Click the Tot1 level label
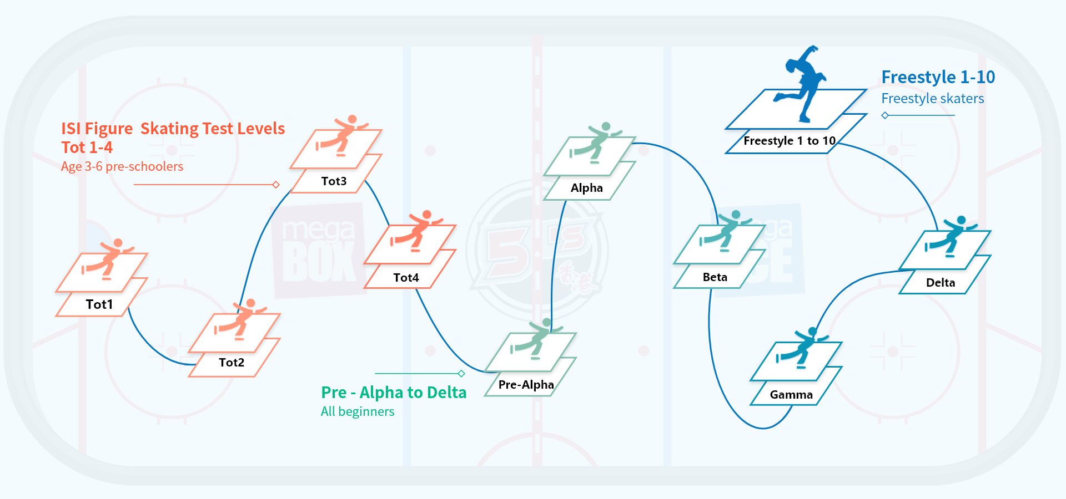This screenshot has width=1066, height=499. [x=99, y=304]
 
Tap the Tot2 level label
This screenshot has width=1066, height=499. [x=232, y=363]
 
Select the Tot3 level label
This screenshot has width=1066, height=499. [x=334, y=181]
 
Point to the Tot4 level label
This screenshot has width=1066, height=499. [x=406, y=278]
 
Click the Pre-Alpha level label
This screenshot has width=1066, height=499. [x=526, y=385]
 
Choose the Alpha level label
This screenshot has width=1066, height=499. [x=586, y=188]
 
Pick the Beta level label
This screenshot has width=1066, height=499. [x=715, y=277]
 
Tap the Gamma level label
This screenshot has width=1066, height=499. [x=791, y=395]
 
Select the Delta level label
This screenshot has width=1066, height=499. [x=941, y=283]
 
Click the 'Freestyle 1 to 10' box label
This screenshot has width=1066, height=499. [x=789, y=141]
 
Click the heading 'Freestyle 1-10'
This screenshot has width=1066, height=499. [x=938, y=77]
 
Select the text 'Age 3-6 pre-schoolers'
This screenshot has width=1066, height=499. [x=122, y=166]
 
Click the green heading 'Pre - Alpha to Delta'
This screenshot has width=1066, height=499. [x=394, y=393]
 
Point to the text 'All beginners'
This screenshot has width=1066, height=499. [x=358, y=411]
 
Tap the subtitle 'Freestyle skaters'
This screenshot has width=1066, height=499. [x=932, y=99]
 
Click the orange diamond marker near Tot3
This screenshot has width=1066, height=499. [x=276, y=185]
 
